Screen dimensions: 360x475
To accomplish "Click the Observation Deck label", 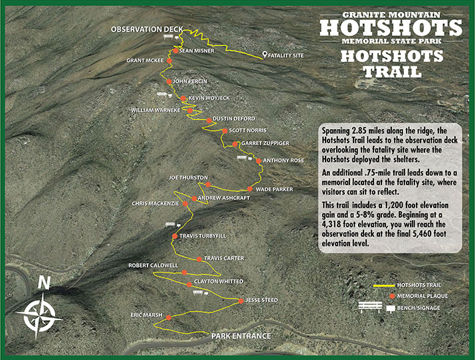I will pos(146,29).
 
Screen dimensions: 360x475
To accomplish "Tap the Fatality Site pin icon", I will pos(265,55).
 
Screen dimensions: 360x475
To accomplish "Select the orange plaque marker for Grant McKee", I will pos(169,60).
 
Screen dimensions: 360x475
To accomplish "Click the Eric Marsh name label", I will pos(147,315).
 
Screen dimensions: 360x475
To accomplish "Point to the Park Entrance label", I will pos(241,335).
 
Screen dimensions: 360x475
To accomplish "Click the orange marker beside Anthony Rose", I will pos(258,161).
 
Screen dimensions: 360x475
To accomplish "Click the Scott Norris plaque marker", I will pos(223,131).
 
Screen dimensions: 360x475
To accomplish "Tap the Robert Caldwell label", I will pos(153,265).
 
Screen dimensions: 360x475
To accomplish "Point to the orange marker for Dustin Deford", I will pos(209,120).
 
